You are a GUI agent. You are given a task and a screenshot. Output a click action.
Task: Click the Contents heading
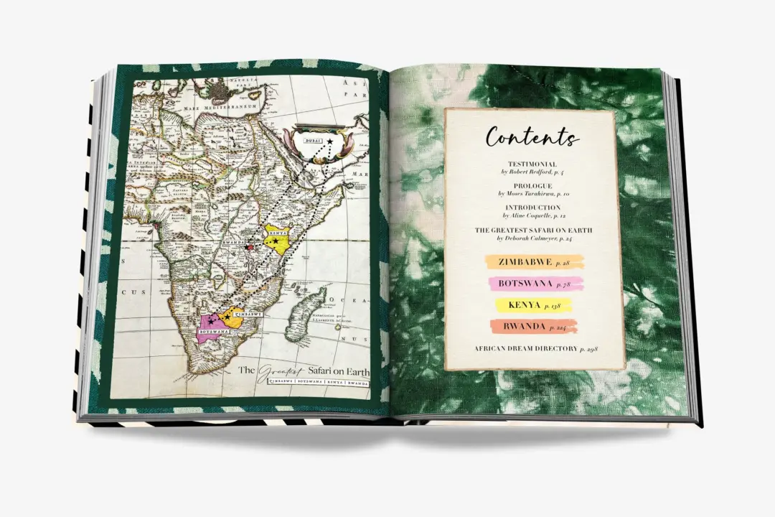(x=532, y=136)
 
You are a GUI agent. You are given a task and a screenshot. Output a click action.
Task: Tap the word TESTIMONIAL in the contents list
(x=532, y=164)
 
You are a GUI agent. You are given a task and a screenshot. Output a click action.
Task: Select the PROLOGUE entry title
(x=532, y=186)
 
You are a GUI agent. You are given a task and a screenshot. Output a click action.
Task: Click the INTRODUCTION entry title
(x=532, y=208)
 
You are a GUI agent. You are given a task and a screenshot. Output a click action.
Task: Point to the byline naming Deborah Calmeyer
(x=532, y=238)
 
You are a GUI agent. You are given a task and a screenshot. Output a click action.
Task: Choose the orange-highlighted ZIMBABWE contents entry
(x=535, y=263)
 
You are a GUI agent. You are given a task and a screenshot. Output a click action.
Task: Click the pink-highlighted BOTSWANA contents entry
(x=535, y=284)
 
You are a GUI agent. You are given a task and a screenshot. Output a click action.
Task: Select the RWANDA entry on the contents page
(x=533, y=327)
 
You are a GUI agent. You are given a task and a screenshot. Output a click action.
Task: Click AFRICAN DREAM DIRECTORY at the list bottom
(x=535, y=349)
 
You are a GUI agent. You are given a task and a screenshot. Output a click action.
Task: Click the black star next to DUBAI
(x=330, y=144)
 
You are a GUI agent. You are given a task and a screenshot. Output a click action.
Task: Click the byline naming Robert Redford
(x=532, y=172)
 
